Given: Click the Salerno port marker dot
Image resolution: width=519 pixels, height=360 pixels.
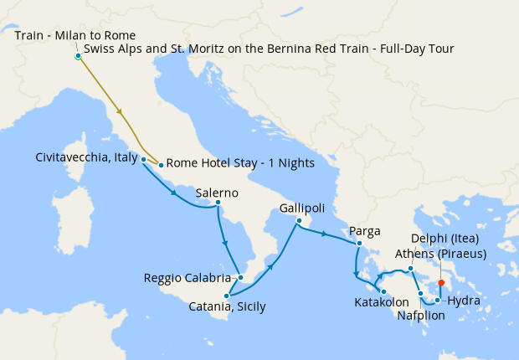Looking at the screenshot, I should click(217, 203).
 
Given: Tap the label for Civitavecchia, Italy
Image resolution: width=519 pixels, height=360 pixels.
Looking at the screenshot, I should click(86, 157).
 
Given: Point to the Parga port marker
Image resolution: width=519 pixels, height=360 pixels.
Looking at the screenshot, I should click(358, 244).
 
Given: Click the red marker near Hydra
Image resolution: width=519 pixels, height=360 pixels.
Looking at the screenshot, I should click(441, 283).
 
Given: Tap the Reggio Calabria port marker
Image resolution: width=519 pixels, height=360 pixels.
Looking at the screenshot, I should click(239, 277).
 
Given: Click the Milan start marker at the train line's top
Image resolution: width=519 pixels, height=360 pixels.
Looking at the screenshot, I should click(78, 57).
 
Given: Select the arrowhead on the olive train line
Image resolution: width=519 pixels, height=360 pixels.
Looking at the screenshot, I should click(121, 111).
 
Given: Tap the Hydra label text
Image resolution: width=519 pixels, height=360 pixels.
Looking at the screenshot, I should click(464, 300).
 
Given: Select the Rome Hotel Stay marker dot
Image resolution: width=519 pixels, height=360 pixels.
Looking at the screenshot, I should click(160, 165).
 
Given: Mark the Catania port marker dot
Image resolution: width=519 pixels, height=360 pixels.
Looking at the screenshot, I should click(226, 296).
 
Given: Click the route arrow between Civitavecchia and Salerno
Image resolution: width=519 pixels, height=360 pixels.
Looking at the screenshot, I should click(173, 193).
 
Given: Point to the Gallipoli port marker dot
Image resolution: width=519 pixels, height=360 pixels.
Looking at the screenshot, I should click(298, 220).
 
